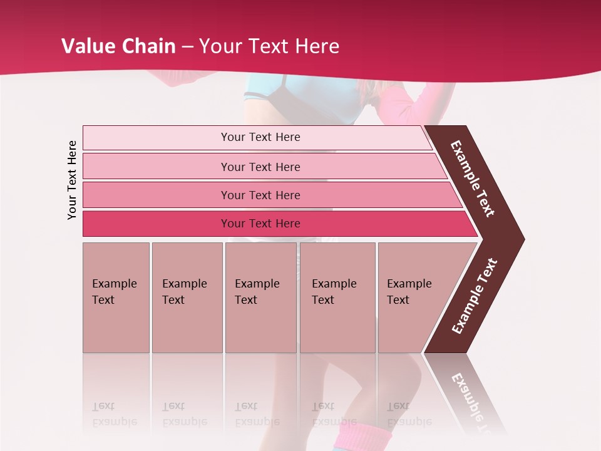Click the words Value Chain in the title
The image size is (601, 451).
click(x=118, y=46)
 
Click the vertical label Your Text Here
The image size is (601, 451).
click(x=72, y=180)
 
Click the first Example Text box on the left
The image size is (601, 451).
click(x=116, y=298)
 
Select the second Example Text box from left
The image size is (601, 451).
click(x=187, y=298)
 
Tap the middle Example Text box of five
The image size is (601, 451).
click(x=260, y=298)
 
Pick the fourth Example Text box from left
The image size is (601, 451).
click(x=337, y=298)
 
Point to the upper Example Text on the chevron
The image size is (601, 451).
click(x=473, y=179)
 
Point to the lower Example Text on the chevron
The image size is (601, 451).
click(x=475, y=296)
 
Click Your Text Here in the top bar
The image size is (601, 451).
click(x=260, y=137)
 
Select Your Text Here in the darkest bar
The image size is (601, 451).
click(x=260, y=224)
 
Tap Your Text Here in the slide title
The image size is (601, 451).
click(x=269, y=46)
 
